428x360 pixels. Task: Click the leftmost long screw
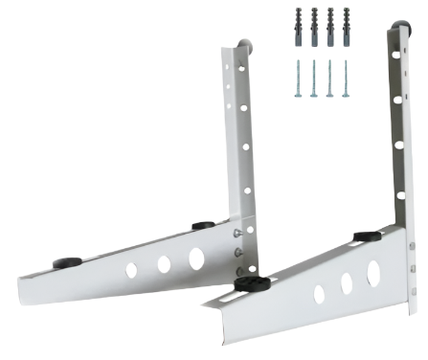click(x=300, y=79)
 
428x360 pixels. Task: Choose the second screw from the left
click(x=314, y=79)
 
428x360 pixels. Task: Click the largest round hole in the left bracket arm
click(x=196, y=258)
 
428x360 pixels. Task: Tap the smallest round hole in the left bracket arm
click(x=131, y=271)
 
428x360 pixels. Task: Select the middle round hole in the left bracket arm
click(x=164, y=264)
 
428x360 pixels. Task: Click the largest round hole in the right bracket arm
click(x=373, y=274)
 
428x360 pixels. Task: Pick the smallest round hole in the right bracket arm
click(x=319, y=295)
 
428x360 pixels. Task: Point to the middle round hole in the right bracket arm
click(x=346, y=284)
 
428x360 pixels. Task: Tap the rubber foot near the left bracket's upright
click(x=202, y=227)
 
